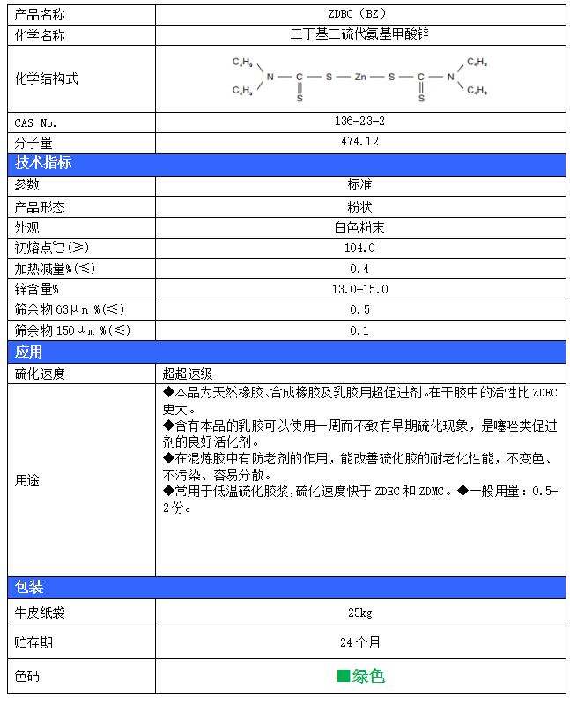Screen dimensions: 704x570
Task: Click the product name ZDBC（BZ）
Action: coord(359,14)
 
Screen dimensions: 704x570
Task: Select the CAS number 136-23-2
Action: coord(359,122)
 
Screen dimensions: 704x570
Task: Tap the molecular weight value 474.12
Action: coord(359,142)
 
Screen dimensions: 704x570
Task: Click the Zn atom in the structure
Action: coord(359,77)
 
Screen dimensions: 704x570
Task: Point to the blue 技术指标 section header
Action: coord(43,163)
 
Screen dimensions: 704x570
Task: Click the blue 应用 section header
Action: coord(29,352)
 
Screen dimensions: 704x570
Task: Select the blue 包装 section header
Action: coord(29,587)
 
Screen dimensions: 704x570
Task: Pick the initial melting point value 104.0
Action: coord(359,248)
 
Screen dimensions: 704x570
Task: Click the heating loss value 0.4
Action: coord(359,269)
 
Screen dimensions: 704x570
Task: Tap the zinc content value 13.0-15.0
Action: coord(359,289)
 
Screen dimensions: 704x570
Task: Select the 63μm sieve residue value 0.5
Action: coord(359,309)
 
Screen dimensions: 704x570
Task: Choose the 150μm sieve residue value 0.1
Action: coord(359,330)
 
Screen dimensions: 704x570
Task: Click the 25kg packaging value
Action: coord(359,611)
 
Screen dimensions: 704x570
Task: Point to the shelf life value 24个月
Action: coord(359,642)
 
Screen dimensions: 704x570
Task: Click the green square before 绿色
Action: coord(344,676)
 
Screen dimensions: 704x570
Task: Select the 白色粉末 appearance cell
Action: coord(359,227)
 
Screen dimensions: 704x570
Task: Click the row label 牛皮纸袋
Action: coord(40,611)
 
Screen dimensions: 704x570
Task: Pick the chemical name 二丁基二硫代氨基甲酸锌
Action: coord(359,34)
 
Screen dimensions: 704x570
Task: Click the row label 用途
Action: coord(27,481)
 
